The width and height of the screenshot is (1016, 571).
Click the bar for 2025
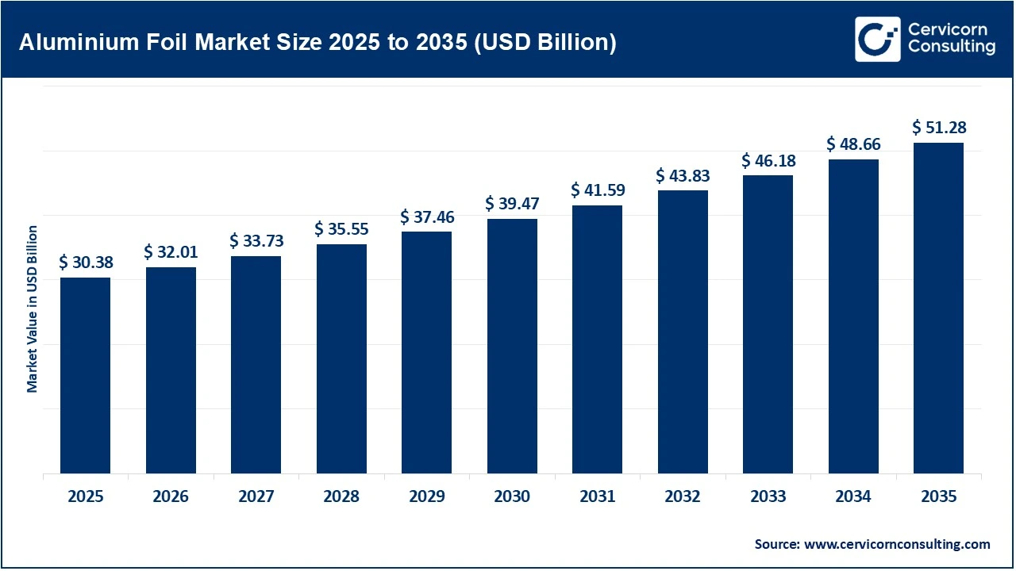[85, 375]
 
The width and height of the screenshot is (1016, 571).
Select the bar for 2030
[512, 346]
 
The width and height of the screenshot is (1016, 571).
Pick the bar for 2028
[341, 358]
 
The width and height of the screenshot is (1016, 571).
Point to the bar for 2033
[768, 324]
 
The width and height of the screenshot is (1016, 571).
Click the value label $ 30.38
[85, 263]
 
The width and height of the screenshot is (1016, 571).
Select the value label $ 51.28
[938, 128]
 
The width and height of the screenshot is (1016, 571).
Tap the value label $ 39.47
[512, 204]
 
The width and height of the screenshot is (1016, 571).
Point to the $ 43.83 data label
[683, 175]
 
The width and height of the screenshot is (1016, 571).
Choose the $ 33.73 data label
[256, 240]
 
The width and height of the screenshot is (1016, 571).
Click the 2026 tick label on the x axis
[171, 497]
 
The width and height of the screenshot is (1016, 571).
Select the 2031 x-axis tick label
[597, 497]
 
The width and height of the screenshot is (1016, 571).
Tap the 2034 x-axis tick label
[853, 497]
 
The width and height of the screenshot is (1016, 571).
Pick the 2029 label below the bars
[426, 497]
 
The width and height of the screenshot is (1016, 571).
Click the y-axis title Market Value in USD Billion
[33, 308]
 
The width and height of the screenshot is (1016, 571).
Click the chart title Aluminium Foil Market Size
[317, 42]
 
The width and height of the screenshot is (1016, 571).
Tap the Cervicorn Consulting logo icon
[877, 39]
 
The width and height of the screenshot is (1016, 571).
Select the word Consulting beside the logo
[952, 48]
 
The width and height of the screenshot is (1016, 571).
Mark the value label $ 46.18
[768, 160]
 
